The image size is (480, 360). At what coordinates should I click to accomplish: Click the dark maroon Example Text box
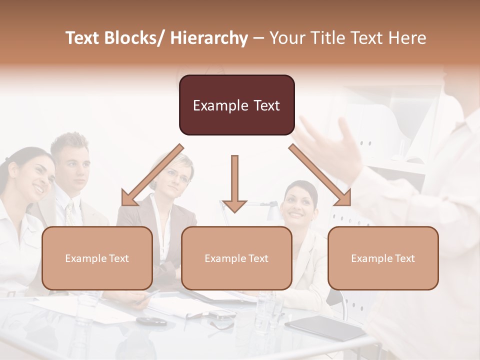[x=236, y=105]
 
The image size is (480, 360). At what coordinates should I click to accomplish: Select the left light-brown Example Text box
[x=97, y=258]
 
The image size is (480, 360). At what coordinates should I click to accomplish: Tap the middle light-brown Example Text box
[x=236, y=258]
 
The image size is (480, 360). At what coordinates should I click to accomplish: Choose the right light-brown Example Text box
[x=383, y=258]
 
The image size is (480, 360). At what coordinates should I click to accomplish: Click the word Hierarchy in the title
[x=209, y=38]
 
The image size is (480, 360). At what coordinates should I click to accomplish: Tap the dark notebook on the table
[x=325, y=327]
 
